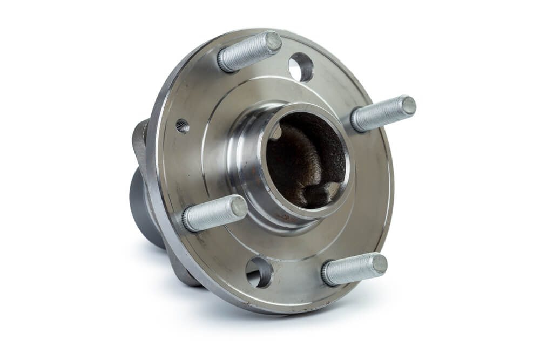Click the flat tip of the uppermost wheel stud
coord(273,42)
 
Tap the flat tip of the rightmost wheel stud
coord(408,105)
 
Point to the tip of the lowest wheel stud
coord(379,264)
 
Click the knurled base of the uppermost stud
coord(226,61)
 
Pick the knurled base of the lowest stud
coord(329,276)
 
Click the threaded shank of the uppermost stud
coord(248,51)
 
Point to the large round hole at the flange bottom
coord(259,271)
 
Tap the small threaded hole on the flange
coord(183,126)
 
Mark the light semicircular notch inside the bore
coord(276,131)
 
